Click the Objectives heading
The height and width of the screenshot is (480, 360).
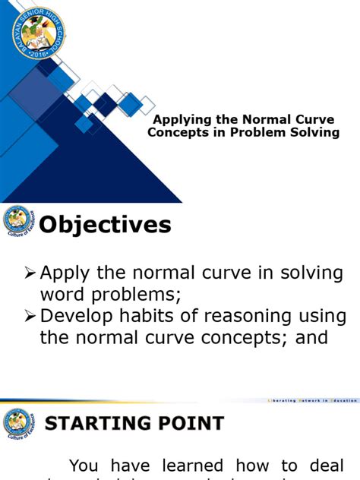105,225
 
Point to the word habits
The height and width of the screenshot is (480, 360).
164,316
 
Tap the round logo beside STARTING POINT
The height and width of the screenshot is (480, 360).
18,422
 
